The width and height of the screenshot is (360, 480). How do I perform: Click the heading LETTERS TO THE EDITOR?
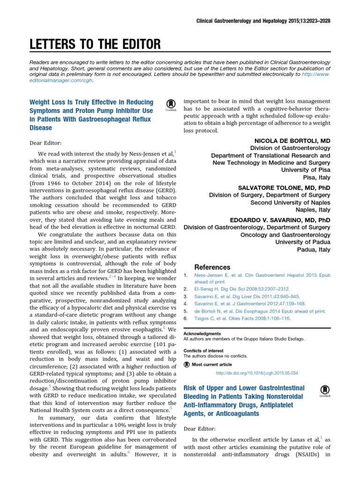(95, 45)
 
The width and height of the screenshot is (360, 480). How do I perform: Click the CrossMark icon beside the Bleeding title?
(324, 391)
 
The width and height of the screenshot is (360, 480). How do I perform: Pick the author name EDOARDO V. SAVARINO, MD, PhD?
(280, 220)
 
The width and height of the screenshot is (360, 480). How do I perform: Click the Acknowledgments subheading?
(202, 333)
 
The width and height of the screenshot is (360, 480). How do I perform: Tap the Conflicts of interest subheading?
(203, 351)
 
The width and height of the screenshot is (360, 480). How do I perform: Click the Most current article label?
(211, 364)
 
